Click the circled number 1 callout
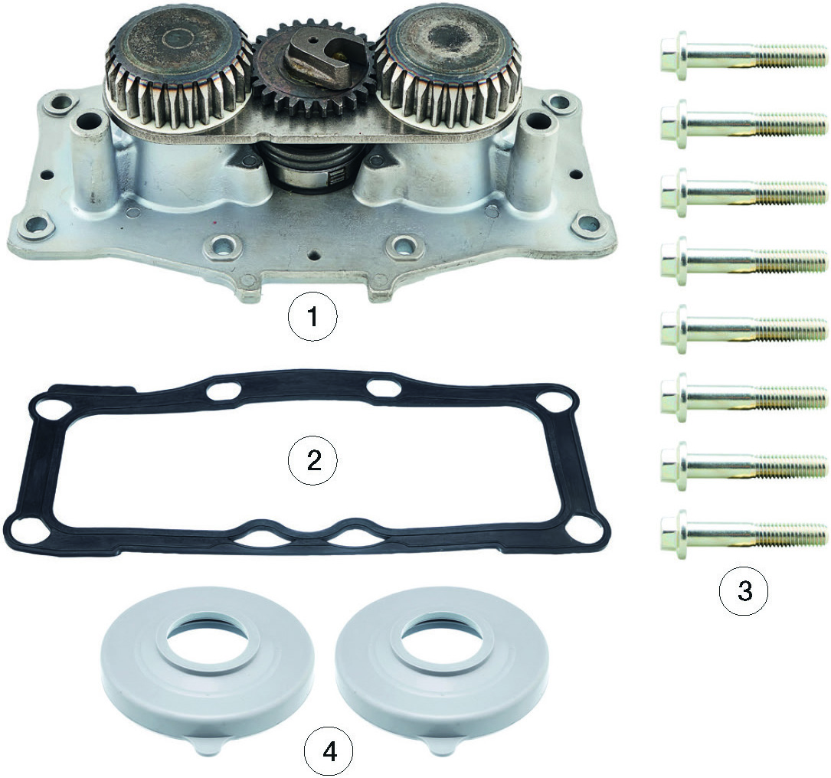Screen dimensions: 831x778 (312, 317)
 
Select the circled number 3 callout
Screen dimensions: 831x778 (744, 590)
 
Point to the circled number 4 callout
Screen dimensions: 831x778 (329, 751)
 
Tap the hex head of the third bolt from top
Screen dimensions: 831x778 (673, 191)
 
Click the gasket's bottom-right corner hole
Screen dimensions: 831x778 (580, 528)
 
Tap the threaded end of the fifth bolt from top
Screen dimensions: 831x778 (790, 327)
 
